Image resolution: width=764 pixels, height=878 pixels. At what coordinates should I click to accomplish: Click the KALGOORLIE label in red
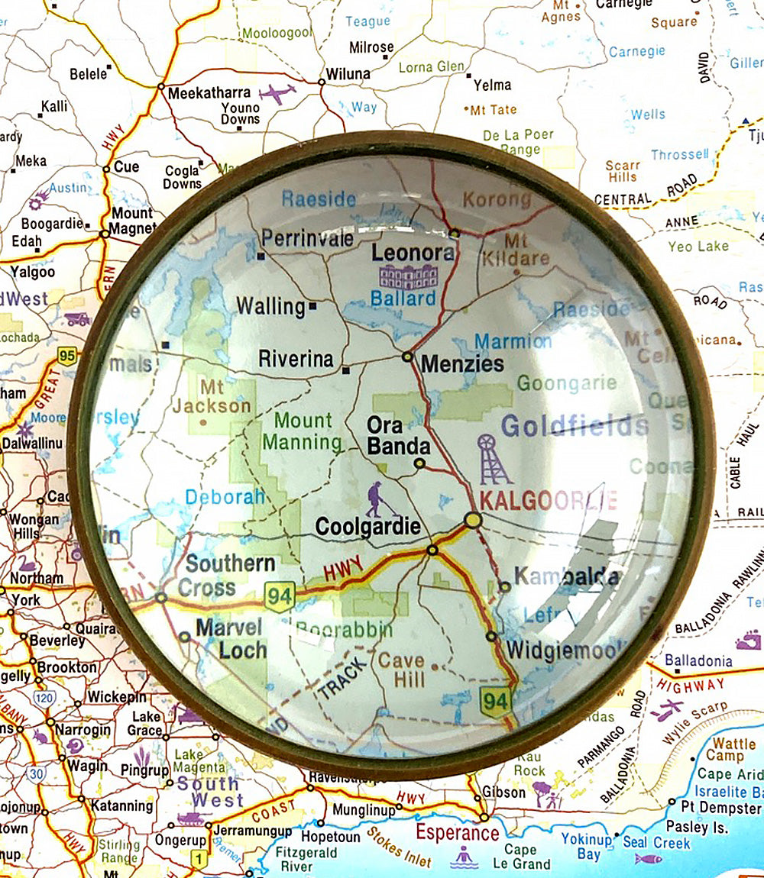tap(547, 501)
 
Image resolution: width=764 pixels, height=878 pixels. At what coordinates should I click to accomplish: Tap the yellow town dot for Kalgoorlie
tap(473, 520)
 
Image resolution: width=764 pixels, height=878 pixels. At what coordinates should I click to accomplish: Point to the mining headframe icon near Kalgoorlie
tap(493, 460)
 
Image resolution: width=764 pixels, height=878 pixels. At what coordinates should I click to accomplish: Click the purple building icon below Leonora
tap(408, 276)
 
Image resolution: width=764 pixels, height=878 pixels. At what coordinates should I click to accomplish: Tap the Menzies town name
tap(462, 363)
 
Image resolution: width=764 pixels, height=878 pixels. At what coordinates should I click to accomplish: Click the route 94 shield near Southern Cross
tap(280, 596)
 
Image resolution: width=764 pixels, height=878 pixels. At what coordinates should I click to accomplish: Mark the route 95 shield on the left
tap(68, 356)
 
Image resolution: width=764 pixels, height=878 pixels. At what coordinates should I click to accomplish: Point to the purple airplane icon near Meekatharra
tap(277, 94)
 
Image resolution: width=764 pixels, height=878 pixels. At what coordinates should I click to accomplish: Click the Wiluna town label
tap(348, 74)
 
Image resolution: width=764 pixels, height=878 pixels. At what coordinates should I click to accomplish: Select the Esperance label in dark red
tap(457, 832)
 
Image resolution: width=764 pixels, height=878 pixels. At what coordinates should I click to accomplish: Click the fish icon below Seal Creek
tap(648, 859)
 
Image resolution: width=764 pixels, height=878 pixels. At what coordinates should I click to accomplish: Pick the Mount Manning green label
tap(303, 431)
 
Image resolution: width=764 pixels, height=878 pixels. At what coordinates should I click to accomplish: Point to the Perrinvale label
tap(307, 239)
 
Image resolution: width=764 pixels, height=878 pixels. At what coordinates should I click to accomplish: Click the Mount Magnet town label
tap(132, 221)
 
